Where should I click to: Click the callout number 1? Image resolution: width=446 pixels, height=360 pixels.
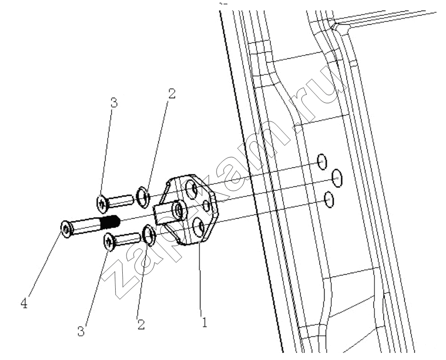coord(204,322)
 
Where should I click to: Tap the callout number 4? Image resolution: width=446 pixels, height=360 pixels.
coord(24,304)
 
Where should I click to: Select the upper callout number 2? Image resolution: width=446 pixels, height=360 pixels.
coord(172,93)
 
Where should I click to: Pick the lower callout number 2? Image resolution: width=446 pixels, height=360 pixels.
coord(141,324)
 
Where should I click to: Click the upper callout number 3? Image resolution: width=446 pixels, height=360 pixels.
coord(114,103)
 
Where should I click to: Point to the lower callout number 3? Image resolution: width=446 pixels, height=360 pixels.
coord(81,331)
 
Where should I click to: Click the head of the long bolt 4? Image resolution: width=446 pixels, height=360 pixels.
coord(66,229)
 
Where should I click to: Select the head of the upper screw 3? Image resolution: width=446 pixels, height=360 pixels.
coord(102,203)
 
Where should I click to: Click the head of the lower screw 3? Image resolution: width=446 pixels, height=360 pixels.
coord(109,241)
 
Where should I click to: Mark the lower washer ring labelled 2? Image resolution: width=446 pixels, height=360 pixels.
coord(149,235)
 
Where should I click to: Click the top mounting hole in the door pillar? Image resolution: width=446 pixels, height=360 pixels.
coord(322,162)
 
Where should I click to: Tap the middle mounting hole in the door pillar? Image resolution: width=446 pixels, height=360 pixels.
coord(337,178)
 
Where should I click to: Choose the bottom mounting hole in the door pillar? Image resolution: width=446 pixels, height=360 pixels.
coord(329,200)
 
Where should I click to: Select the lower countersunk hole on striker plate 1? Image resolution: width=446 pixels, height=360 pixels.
coord(199,227)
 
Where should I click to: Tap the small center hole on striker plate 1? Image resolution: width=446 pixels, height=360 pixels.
coord(207,205)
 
